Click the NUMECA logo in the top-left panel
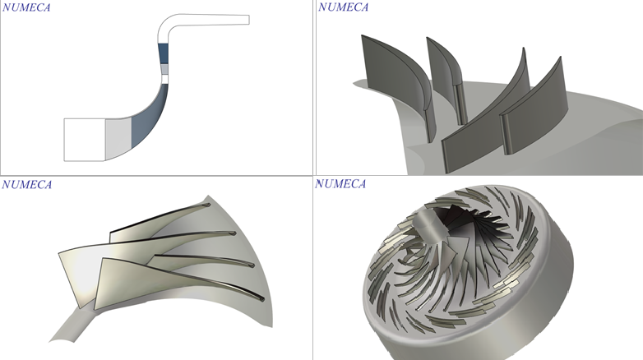point(26,7)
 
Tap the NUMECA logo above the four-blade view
point(343,7)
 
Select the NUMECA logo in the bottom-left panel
point(26,184)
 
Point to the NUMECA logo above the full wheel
point(340,183)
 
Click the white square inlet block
point(85,140)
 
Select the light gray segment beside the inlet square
point(118,139)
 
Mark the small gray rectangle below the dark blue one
point(164,69)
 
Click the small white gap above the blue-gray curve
point(164,79)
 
